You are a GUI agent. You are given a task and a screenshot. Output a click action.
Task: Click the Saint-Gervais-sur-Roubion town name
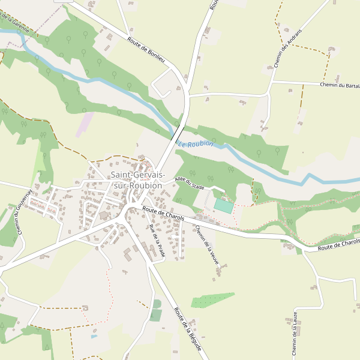137,180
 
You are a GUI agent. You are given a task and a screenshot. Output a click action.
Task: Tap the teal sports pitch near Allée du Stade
223,205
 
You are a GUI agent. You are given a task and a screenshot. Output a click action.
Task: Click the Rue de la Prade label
157,242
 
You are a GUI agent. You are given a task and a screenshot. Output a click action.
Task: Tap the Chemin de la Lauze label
295,334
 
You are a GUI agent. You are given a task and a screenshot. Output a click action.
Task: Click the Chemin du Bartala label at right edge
340,85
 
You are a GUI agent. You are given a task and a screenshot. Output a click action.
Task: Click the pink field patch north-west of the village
85,124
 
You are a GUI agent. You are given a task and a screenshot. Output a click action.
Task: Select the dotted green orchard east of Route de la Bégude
212,300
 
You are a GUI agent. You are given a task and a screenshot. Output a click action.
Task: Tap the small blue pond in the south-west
94,337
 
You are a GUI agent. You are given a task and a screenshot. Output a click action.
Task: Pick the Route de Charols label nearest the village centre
163,212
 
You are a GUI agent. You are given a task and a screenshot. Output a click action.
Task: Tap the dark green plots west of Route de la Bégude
157,310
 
